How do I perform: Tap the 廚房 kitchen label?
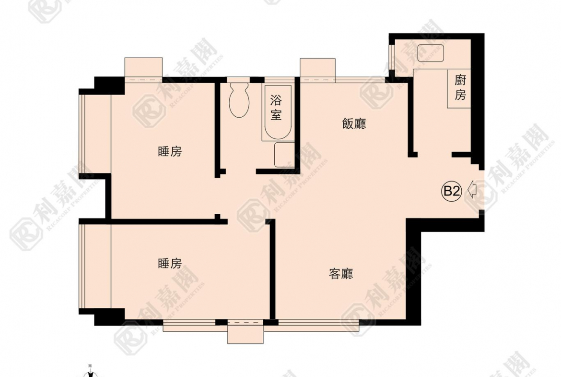(460, 87)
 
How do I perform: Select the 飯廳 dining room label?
(354, 124)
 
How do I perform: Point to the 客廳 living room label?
(341, 274)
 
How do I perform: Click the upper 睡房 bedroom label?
(170, 152)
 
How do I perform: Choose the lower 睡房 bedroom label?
(170, 264)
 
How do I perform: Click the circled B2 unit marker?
(451, 191)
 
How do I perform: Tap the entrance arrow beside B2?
(472, 190)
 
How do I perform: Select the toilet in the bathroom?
(239, 100)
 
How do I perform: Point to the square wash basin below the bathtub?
(284, 155)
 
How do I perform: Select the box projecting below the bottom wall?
(245, 332)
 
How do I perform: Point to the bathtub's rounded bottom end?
(276, 134)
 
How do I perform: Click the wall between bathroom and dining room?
(297, 125)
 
